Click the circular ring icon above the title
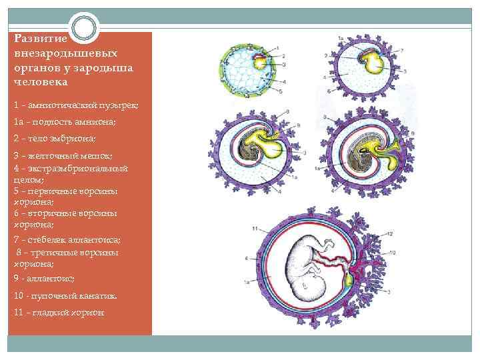(x=83, y=28)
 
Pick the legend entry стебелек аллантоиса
(x=67, y=239)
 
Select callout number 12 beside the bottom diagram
(x=390, y=233)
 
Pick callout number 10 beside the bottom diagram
(x=393, y=252)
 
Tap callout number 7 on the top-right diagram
(x=402, y=50)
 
